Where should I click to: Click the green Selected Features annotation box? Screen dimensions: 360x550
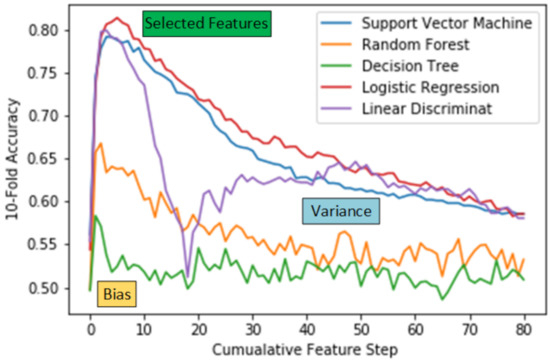(207, 21)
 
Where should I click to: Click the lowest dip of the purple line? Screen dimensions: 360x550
(187, 273)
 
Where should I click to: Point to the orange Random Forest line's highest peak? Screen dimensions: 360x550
(100, 144)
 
